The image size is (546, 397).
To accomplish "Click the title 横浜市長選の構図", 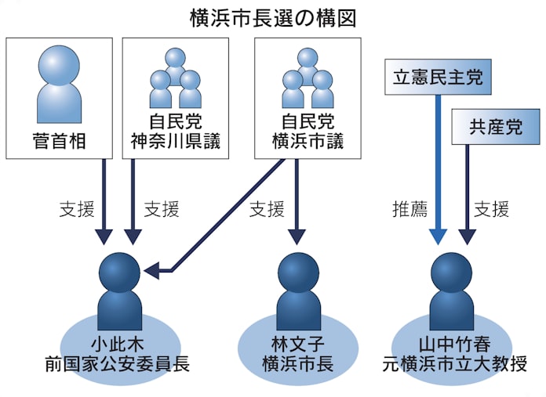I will click(272, 18).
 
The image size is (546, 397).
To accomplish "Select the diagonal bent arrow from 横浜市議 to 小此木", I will click(227, 211).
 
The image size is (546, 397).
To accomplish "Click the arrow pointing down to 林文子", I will click(296, 200).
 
